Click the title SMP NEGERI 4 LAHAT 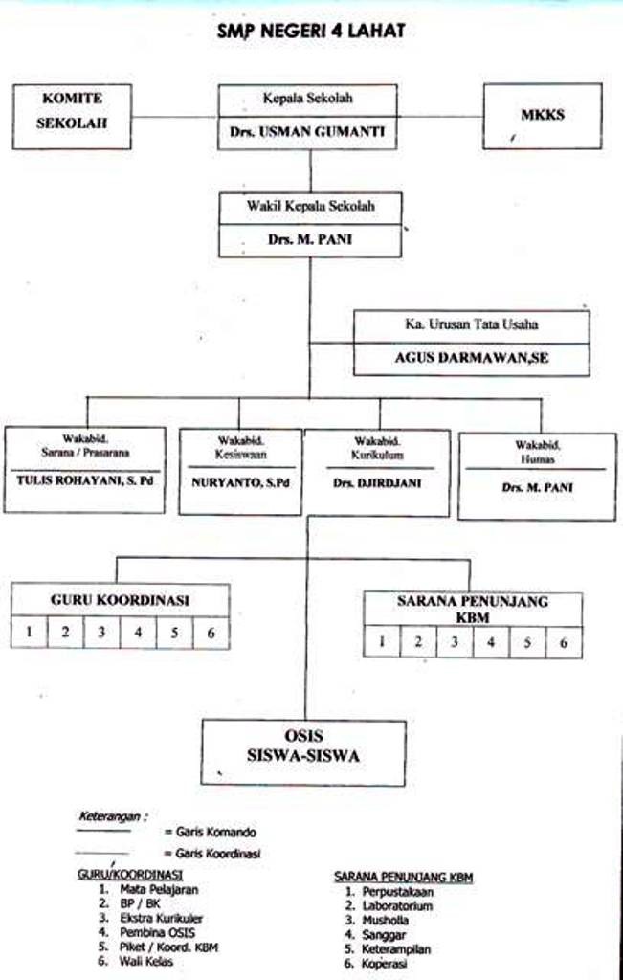point(311,32)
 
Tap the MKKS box point(542,116)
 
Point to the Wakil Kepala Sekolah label point(310,206)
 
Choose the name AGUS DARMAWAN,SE point(472,359)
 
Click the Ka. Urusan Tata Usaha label point(471,324)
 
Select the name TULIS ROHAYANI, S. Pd point(85,480)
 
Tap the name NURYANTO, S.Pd point(240,482)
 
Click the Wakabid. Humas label point(536,452)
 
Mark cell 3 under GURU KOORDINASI point(101,632)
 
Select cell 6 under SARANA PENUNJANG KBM point(564,642)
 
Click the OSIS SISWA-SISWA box point(302,746)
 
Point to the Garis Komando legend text point(215,832)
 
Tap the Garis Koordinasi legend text point(218,853)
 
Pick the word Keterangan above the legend point(111,816)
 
